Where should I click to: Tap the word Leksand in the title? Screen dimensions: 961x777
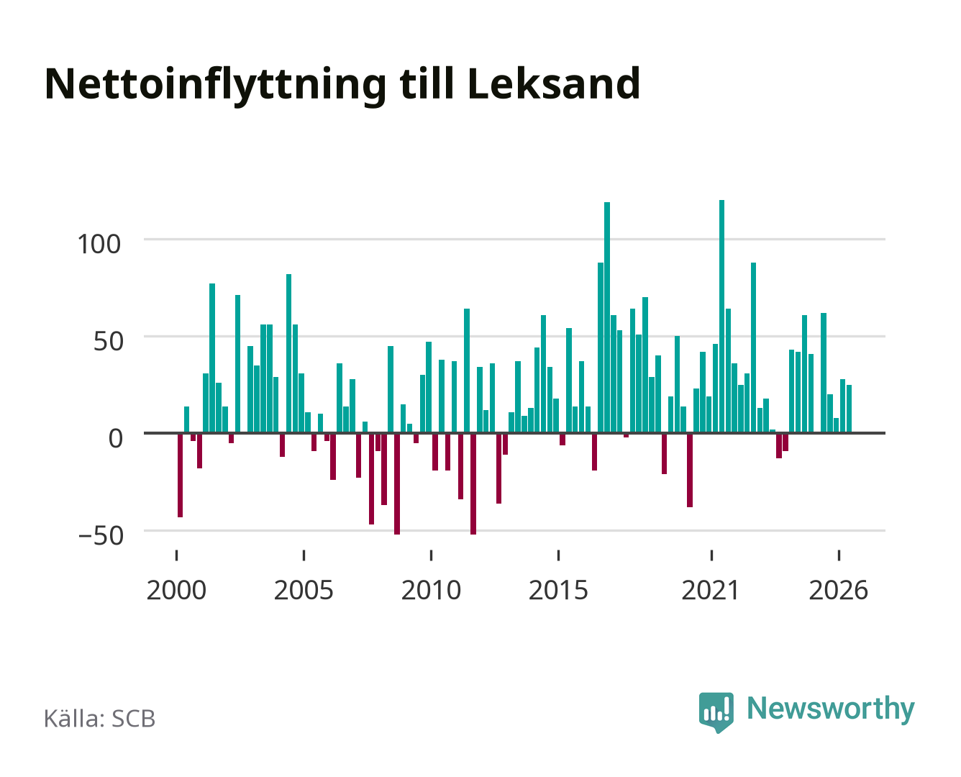tap(554, 83)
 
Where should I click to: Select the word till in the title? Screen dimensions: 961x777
tap(427, 83)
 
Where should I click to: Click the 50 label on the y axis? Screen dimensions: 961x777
tap(109, 341)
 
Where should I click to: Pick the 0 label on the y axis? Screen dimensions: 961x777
tap(116, 438)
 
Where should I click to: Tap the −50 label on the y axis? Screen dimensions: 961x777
tap(101, 535)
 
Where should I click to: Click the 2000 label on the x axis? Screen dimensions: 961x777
tap(176, 590)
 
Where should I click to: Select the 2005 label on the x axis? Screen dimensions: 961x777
tap(304, 590)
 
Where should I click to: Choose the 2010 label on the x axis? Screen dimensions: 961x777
tap(431, 590)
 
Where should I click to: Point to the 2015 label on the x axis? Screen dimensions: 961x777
tap(558, 590)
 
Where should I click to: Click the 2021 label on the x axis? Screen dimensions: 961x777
tap(711, 590)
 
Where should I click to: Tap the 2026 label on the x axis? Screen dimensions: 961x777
tap(838, 590)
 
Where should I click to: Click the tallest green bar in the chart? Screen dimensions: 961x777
tap(721, 317)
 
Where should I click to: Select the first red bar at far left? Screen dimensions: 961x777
tap(180, 475)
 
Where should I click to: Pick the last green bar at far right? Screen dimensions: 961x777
tap(849, 409)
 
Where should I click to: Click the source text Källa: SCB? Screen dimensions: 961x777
tap(100, 718)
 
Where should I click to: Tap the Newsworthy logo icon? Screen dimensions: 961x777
tap(716, 712)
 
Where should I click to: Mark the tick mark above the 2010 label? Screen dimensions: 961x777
tap(431, 555)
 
